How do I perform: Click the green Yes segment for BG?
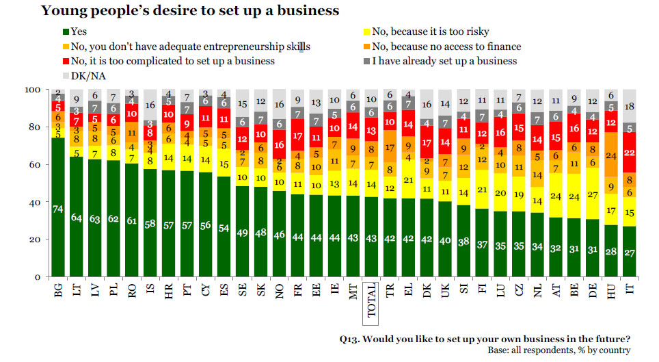pos(58,208)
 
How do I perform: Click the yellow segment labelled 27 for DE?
pos(592,194)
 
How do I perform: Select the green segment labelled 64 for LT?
pos(77,218)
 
